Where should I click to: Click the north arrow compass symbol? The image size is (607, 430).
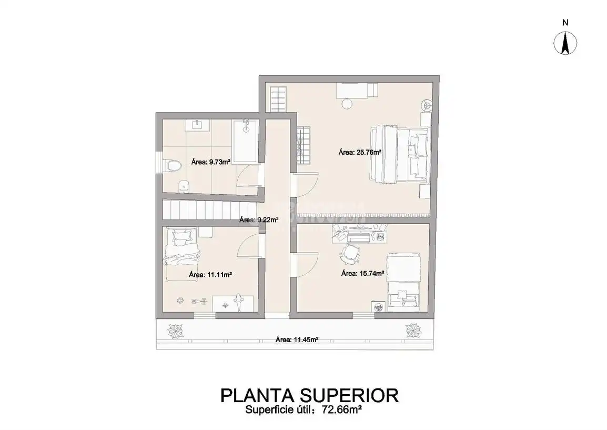pos(565,43)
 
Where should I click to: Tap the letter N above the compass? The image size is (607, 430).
pos(565,23)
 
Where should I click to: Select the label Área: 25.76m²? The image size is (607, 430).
pos(360,152)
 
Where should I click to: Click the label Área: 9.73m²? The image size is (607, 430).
pos(211,162)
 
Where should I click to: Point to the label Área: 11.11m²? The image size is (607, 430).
pos(210,275)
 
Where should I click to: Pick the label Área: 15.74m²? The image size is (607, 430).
pos(362,274)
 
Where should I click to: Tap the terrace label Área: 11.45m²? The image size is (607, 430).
pos(297,340)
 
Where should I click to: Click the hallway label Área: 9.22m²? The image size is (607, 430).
pos(259,219)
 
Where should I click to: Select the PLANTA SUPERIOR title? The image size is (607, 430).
pos(309,395)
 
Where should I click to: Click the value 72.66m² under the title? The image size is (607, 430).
pos(342,409)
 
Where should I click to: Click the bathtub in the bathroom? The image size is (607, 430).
pos(245,141)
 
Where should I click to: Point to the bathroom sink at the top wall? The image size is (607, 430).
pos(197,124)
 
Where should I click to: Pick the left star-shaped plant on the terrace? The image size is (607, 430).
pos(175,331)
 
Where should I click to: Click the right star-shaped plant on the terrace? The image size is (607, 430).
pos(413,331)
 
